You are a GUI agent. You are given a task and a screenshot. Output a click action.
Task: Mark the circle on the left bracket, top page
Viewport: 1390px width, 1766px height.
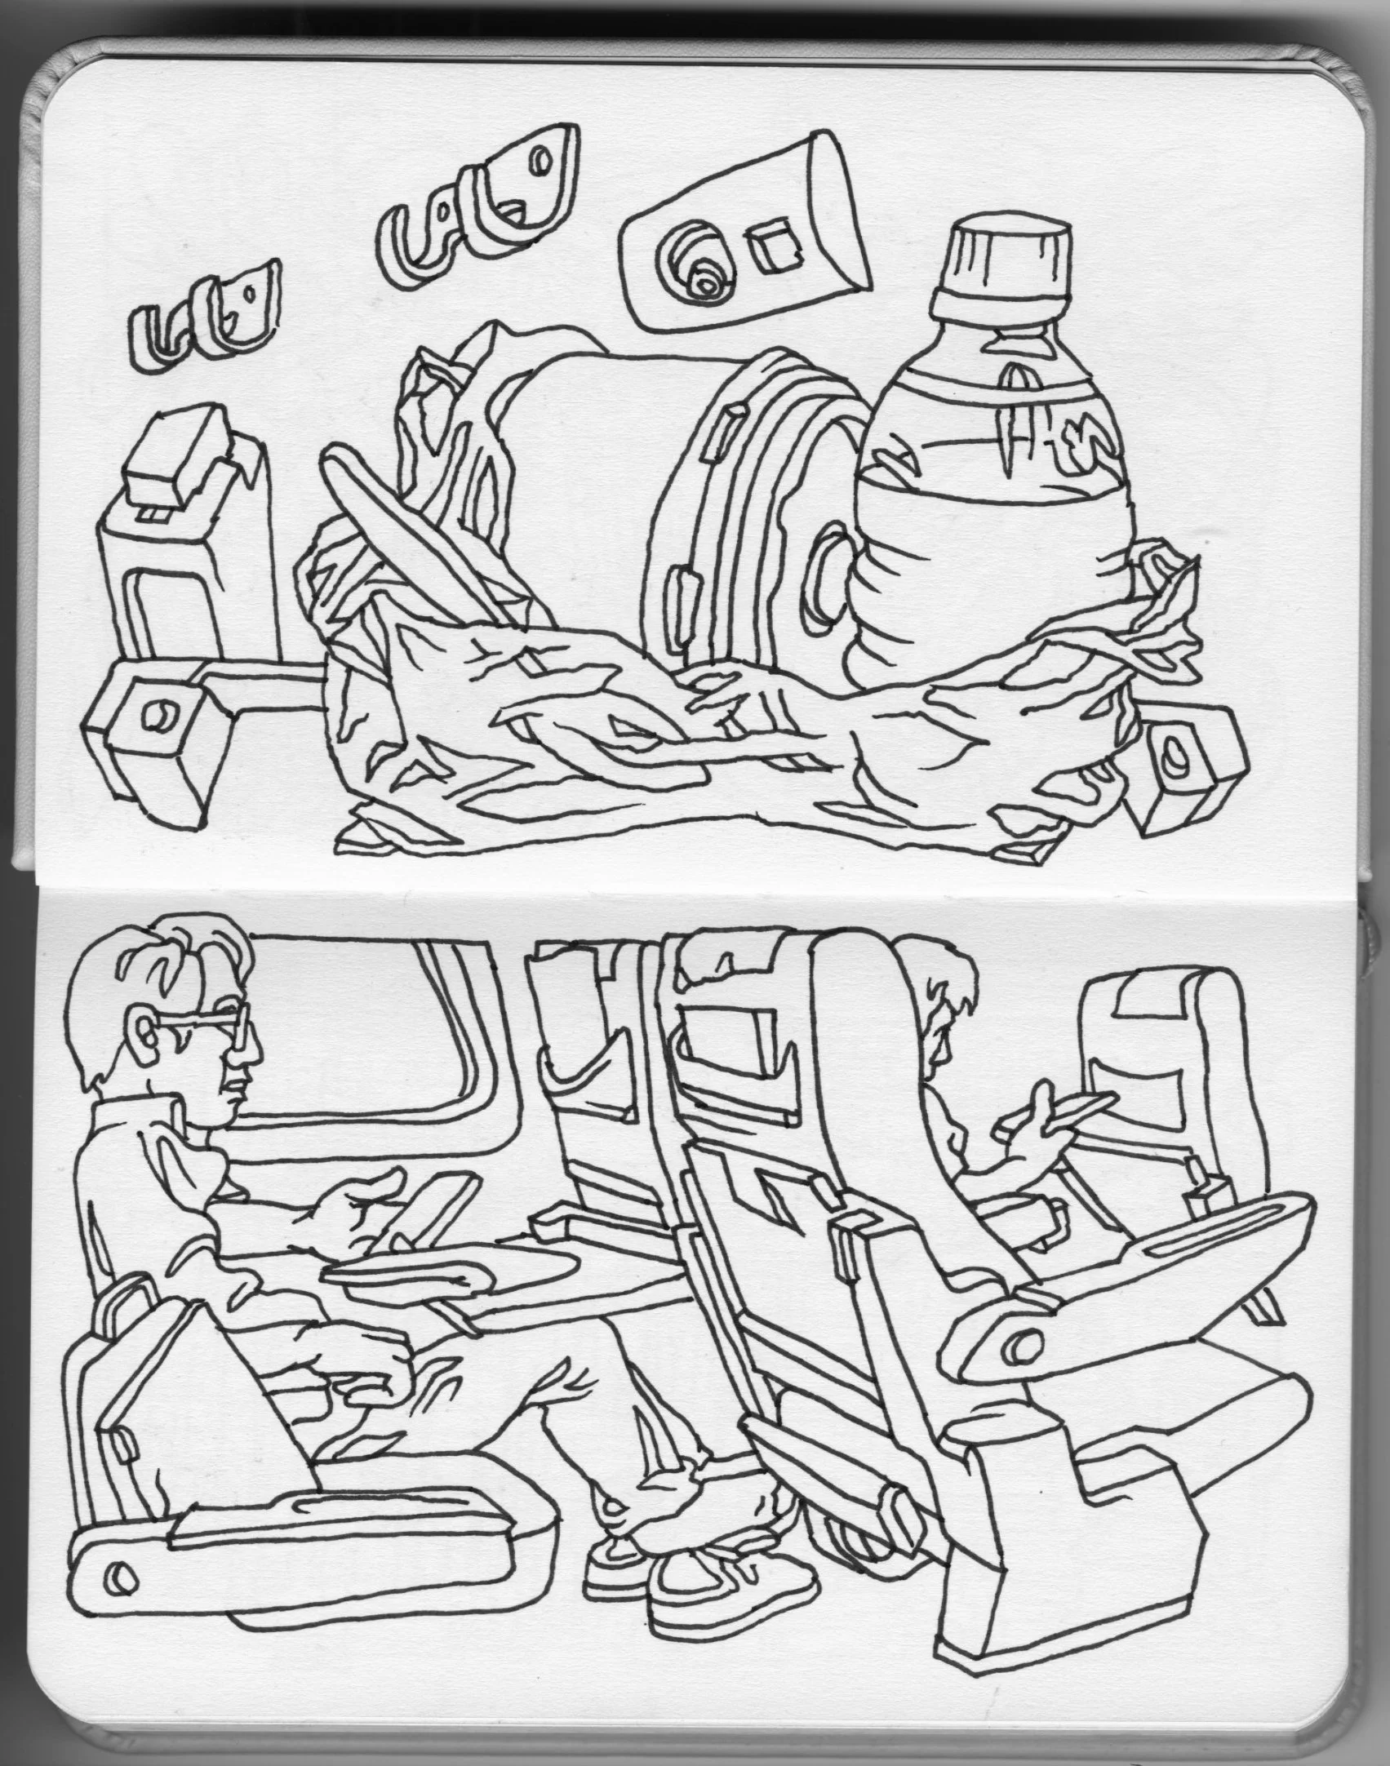click(157, 717)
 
